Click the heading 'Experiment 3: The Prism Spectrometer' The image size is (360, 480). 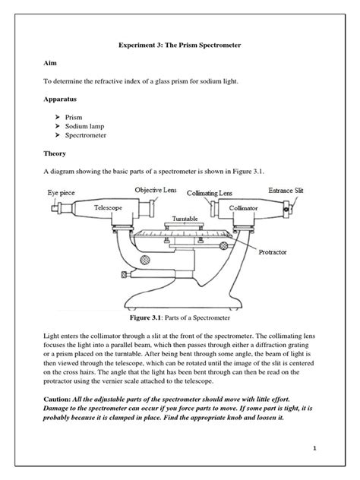(x=180, y=46)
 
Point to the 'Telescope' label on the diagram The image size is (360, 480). (x=109, y=207)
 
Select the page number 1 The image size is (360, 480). (x=313, y=448)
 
